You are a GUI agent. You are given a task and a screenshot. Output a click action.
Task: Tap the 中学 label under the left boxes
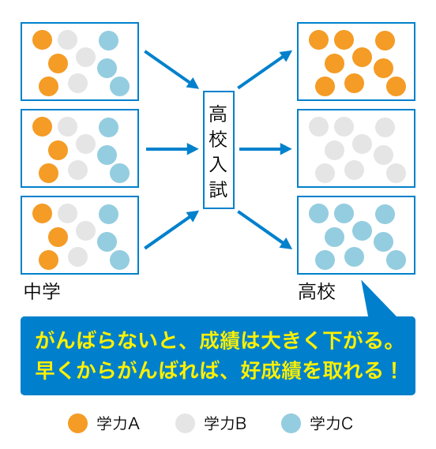pyautogui.click(x=42, y=291)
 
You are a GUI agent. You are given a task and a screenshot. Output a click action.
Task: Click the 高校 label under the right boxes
pyautogui.click(x=317, y=291)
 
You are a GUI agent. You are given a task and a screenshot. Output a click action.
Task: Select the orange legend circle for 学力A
pyautogui.click(x=77, y=423)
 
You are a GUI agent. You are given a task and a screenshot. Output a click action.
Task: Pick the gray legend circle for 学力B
pyautogui.click(x=185, y=423)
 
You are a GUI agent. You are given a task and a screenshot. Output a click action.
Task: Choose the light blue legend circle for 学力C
pyautogui.click(x=291, y=423)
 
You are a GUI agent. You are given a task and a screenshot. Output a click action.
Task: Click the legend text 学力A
pyautogui.click(x=118, y=424)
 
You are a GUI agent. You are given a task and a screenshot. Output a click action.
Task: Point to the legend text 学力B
pyautogui.click(x=225, y=424)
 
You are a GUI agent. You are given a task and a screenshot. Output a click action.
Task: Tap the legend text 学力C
pyautogui.click(x=332, y=424)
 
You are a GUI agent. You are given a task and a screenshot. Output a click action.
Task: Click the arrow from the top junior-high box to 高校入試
pyautogui.click(x=171, y=69)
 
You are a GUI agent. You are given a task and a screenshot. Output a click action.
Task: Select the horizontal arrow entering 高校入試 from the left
pyautogui.click(x=172, y=149)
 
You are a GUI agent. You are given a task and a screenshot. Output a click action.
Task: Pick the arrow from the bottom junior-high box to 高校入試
pyautogui.click(x=171, y=230)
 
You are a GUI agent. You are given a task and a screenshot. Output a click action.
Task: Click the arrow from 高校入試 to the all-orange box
pyautogui.click(x=265, y=69)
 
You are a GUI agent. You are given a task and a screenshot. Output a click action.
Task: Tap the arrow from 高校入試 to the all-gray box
pyautogui.click(x=265, y=149)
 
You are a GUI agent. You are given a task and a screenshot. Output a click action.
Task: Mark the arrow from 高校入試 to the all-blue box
pyautogui.click(x=265, y=230)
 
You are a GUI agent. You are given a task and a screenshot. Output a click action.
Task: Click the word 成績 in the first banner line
pyautogui.click(x=220, y=341)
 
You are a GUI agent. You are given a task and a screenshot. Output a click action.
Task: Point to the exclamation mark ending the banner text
pyautogui.click(x=395, y=371)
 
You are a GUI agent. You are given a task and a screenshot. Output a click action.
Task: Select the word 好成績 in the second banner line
pyautogui.click(x=271, y=371)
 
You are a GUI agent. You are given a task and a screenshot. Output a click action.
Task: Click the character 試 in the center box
pyautogui.click(x=219, y=189)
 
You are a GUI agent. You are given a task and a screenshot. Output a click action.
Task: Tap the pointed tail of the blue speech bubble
pyautogui.click(x=362, y=281)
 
